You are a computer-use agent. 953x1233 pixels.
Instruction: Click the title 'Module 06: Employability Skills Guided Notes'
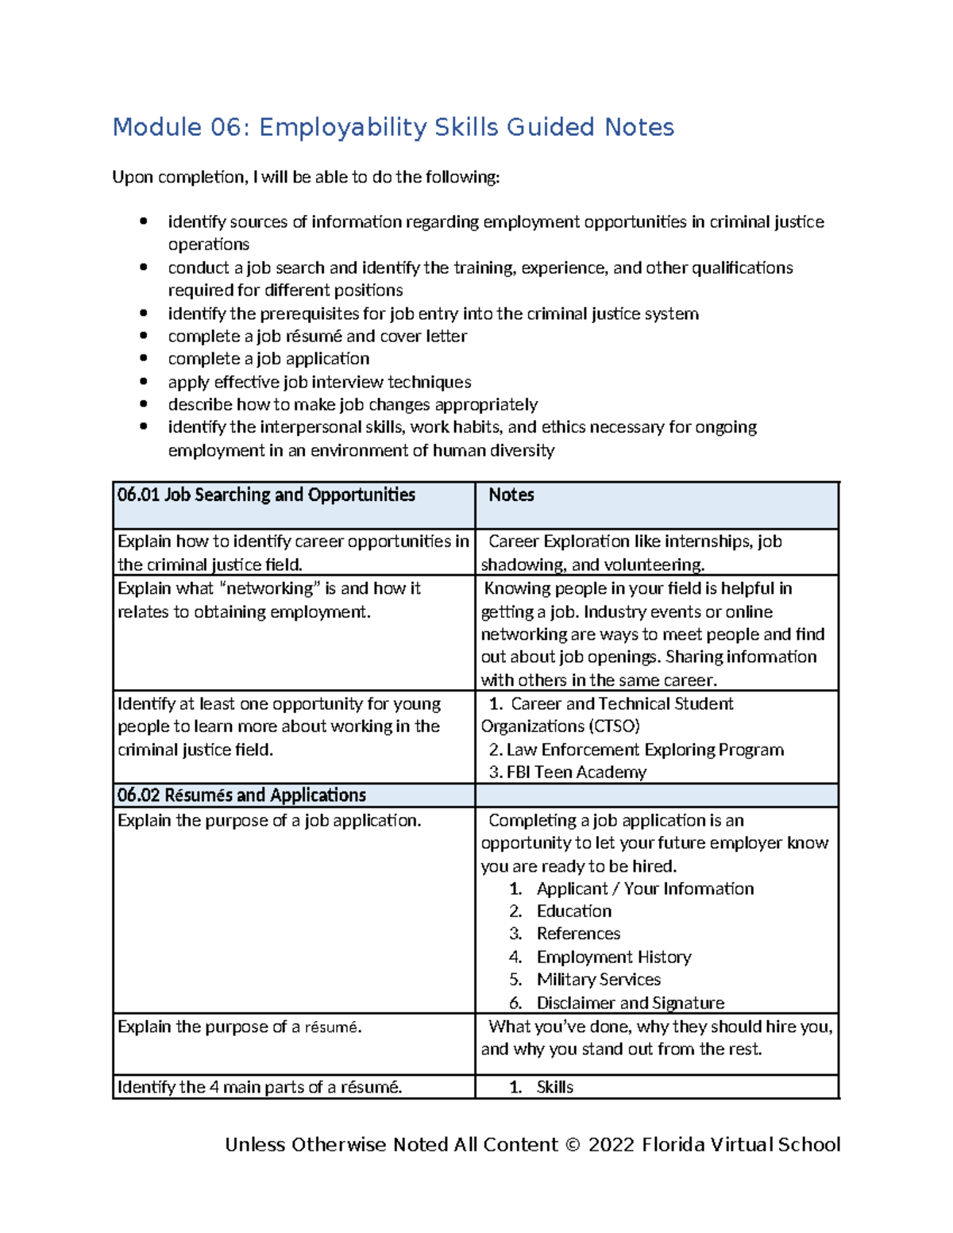click(x=393, y=127)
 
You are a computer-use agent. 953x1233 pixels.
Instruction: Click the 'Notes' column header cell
click(x=511, y=495)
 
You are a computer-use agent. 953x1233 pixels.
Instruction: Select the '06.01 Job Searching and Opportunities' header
click(x=266, y=495)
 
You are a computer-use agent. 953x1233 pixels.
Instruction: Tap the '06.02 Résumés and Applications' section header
click(x=241, y=795)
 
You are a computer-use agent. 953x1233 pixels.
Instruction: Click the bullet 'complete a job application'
click(x=268, y=359)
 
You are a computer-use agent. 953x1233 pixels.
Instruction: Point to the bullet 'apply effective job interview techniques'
click(x=319, y=382)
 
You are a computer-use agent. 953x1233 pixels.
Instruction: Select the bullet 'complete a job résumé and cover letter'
click(x=317, y=336)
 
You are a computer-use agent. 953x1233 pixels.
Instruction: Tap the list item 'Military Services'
click(x=598, y=979)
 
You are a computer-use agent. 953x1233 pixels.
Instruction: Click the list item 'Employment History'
click(x=613, y=957)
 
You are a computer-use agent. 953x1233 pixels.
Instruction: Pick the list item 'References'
click(x=578, y=934)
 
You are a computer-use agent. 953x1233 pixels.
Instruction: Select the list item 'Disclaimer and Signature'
click(x=630, y=1003)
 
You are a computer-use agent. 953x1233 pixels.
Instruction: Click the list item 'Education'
click(x=573, y=911)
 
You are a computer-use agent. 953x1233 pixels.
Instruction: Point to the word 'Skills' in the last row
click(x=554, y=1087)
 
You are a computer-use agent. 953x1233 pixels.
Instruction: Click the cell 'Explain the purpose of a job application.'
click(x=269, y=820)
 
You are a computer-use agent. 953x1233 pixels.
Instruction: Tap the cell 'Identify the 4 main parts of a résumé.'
click(x=260, y=1087)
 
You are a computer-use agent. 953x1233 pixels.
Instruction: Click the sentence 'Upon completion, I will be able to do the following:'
click(x=306, y=176)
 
